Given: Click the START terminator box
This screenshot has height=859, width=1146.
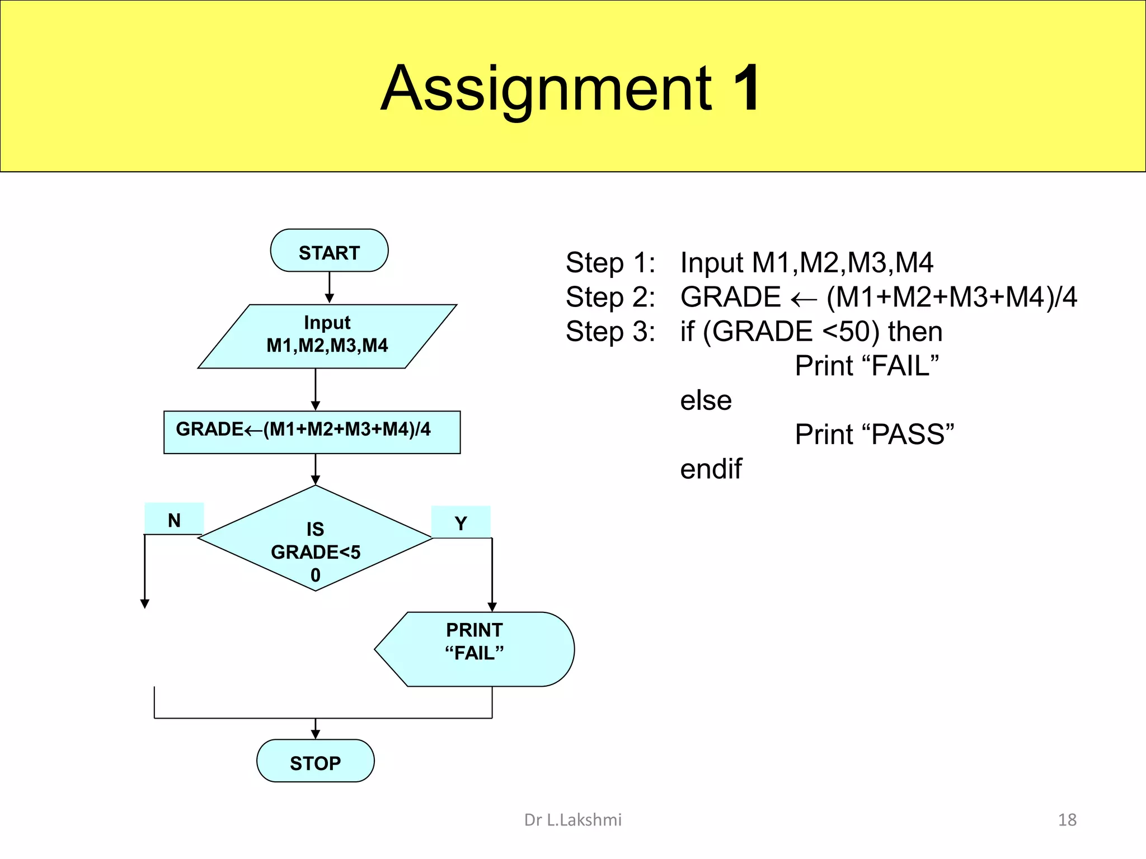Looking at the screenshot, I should point(329,251).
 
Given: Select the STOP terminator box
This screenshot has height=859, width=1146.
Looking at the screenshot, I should point(315,761).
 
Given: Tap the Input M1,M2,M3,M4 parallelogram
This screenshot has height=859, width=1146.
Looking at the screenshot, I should point(327,336).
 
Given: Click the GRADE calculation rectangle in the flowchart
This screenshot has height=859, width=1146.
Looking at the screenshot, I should point(312,432).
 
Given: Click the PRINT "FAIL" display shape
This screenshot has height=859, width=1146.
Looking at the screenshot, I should point(475,649).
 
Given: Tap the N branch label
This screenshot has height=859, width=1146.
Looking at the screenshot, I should point(174,519).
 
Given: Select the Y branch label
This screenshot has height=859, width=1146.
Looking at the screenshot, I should point(461,522).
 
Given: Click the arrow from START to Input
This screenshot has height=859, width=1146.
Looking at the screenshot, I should point(330,288).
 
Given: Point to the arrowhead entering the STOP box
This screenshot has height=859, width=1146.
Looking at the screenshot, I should point(315,734).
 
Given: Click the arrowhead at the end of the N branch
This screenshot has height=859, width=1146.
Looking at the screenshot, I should point(145,603).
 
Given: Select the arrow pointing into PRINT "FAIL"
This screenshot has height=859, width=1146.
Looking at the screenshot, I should point(492,606).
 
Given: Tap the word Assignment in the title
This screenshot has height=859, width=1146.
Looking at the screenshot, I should point(546,89).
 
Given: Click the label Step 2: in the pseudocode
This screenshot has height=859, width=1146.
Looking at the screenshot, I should point(610,297).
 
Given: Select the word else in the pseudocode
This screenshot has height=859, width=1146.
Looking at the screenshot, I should point(706,400).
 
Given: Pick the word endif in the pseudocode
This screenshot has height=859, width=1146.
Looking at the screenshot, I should point(711,469).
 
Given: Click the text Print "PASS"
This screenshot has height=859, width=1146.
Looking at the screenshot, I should point(874,435).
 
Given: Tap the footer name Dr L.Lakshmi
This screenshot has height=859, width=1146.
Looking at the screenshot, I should point(572,820).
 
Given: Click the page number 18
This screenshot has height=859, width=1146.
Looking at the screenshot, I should point(1067,820).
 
